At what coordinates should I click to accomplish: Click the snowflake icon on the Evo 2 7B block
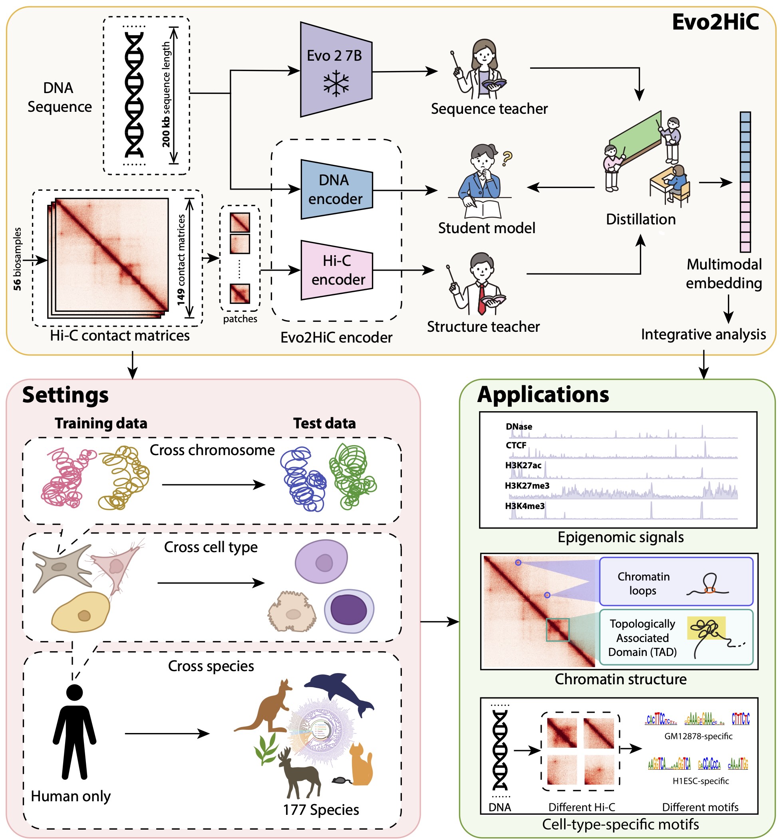pos(336,83)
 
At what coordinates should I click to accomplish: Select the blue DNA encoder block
pos(336,189)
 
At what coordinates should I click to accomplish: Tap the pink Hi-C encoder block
pos(337,270)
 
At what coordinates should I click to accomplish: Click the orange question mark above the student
pos(507,158)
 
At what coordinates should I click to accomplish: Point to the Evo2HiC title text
pos(715,22)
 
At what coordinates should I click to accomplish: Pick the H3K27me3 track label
pos(527,485)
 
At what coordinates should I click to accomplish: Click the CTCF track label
pos(516,445)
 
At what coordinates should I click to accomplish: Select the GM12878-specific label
pos(698,736)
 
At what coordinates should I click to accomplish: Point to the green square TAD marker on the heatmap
pos(557,630)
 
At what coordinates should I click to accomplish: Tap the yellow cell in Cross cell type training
pos(80,612)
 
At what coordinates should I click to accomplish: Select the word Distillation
pos(641,219)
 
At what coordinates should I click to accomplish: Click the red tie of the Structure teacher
pos(481,298)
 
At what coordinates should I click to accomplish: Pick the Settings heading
pos(66,395)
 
